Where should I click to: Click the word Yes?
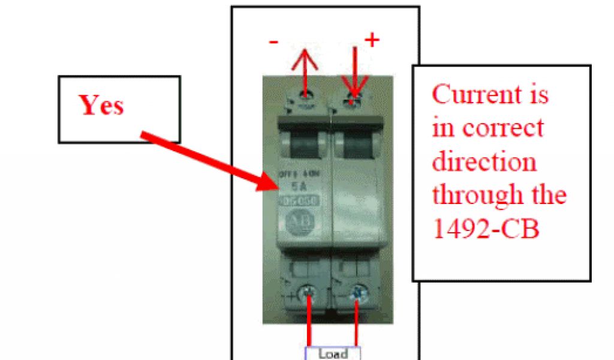101,106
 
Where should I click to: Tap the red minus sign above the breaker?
273,43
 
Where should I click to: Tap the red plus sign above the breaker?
372,40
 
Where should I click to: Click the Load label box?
333,353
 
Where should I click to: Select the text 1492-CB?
485,229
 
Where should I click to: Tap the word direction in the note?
484,162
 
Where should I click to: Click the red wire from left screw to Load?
310,324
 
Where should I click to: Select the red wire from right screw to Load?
358,324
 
